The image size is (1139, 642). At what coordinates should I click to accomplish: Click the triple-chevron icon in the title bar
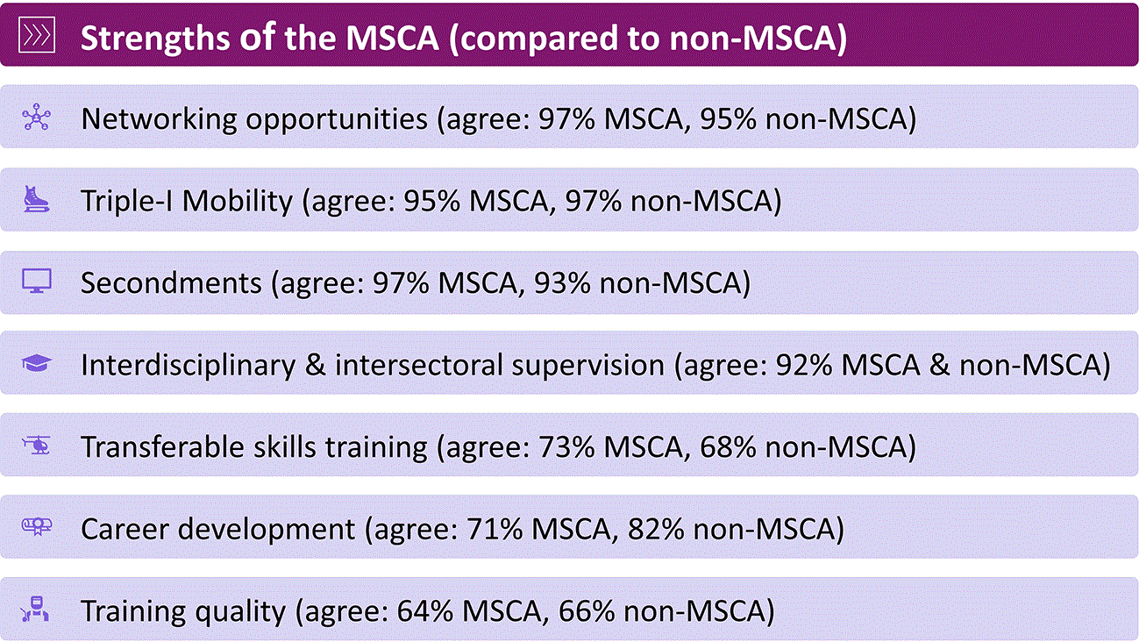pos(37,35)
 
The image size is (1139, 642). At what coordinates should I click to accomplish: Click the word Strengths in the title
pos(155,39)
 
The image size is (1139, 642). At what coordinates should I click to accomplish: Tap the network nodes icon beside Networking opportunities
pos(37,117)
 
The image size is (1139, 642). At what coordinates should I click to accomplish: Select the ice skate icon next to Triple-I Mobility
pos(37,199)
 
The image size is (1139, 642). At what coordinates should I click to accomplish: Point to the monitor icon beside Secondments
pos(37,281)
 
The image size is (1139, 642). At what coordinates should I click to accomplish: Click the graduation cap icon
pos(37,363)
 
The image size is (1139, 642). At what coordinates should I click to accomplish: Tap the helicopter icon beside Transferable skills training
pos(37,446)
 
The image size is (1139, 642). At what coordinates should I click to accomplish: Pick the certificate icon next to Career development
pos(37,526)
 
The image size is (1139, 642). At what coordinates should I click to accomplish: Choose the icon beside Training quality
pos(35,609)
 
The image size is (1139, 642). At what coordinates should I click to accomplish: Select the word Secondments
pos(171,282)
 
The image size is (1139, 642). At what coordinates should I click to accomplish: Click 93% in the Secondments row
pos(562,282)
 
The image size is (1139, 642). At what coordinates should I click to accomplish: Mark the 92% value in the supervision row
pos(803,365)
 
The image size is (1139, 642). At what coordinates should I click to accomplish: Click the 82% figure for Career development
pos(656,529)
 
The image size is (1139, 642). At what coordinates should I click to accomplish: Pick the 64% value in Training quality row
pos(425,611)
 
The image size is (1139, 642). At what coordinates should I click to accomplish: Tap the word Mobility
pos(238,202)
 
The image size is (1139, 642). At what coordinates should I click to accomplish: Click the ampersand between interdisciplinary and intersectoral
pos(316,365)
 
